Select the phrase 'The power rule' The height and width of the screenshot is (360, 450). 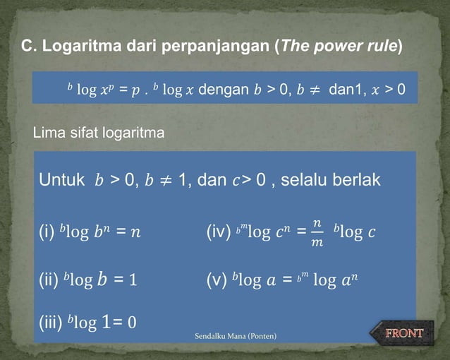point(339,47)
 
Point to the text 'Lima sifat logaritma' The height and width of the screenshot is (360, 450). point(99,132)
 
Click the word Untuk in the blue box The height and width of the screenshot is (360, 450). point(62,180)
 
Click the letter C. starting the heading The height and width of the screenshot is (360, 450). point(28,47)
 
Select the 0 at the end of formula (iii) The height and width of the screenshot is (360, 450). point(131,323)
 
